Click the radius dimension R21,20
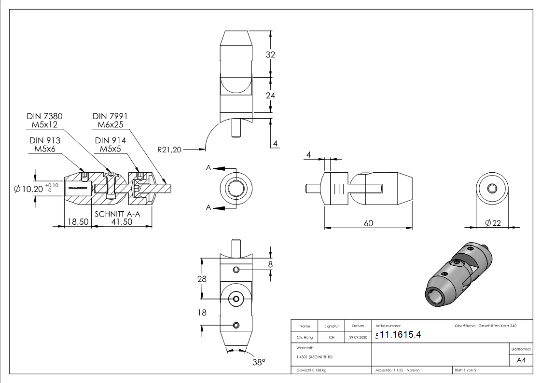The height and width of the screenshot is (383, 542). [169, 150]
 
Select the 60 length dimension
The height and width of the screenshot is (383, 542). [368, 223]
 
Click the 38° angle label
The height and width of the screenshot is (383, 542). [259, 362]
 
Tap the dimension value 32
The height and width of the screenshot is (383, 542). [270, 55]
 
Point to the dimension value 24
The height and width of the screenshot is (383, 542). [270, 96]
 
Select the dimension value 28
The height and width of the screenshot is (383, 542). [202, 279]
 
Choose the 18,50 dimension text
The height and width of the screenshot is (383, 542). [77, 222]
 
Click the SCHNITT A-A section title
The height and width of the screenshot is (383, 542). [117, 214]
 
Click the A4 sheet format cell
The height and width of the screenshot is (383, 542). [521, 360]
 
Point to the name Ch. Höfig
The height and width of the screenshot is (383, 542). [304, 338]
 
